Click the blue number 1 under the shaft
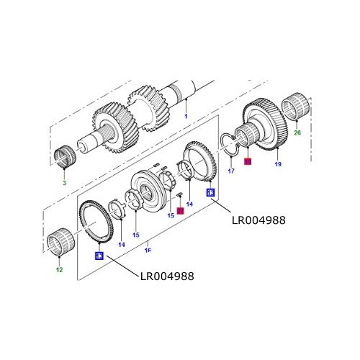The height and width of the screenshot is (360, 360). (185, 116)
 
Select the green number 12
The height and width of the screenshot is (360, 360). (60, 270)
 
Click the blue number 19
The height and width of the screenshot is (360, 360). (277, 165)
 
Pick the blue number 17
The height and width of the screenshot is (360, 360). (231, 171)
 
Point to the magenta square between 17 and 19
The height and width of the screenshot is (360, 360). (247, 163)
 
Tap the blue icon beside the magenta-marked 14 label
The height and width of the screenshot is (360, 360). (210, 192)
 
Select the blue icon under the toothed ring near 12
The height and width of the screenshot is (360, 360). (99, 255)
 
